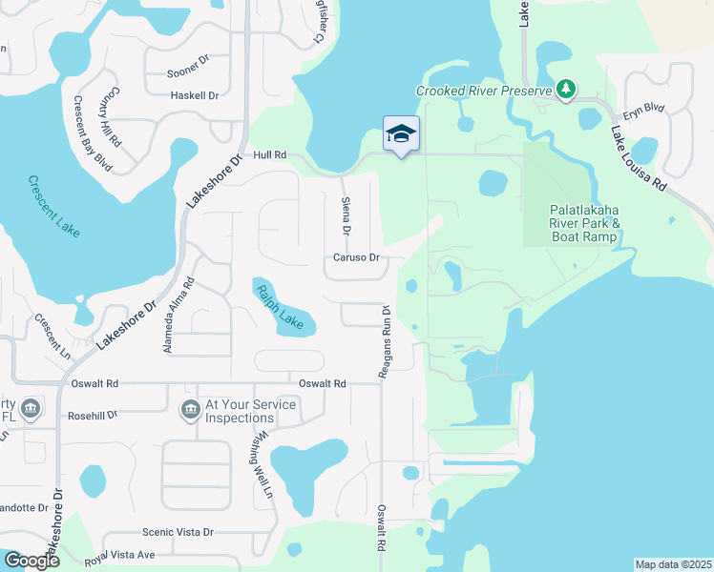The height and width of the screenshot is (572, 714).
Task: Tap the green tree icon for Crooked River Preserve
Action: tap(567, 91)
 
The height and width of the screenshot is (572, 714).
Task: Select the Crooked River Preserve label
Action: tap(485, 92)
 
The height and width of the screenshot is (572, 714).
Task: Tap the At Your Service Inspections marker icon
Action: tap(190, 411)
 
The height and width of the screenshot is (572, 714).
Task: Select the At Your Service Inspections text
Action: tap(251, 411)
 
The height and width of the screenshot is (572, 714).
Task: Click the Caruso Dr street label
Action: tap(356, 257)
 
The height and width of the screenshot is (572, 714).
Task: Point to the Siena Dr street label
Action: tap(346, 216)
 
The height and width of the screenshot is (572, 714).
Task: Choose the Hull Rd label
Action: tap(270, 154)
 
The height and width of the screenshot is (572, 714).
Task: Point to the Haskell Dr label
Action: tap(194, 95)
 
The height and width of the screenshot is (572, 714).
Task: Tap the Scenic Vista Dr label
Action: tap(177, 532)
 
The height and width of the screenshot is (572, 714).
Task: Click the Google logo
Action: tap(31, 561)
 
